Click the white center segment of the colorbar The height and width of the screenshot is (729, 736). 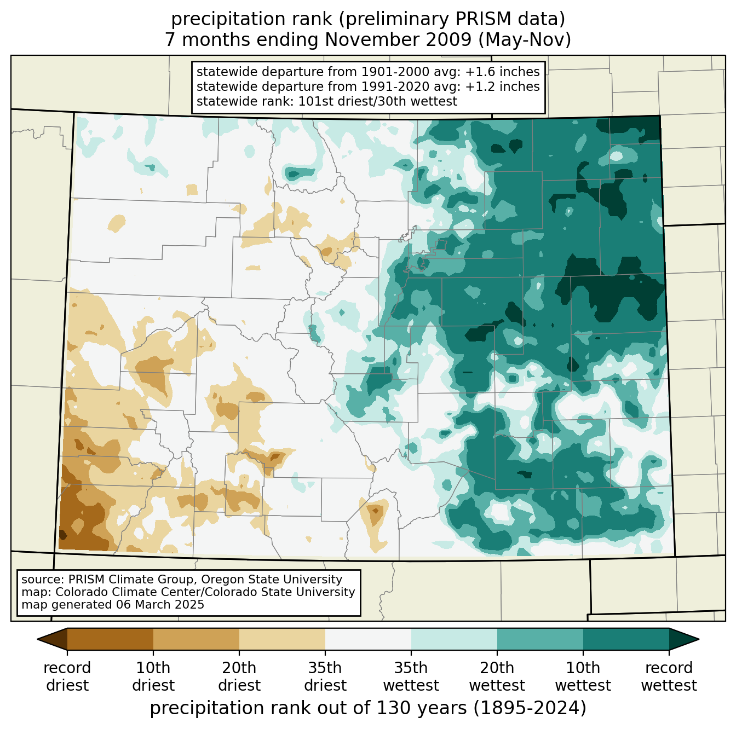[x=368, y=639]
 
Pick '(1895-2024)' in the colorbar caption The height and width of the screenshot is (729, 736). [x=530, y=708]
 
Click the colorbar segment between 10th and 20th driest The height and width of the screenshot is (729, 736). [x=196, y=639]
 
